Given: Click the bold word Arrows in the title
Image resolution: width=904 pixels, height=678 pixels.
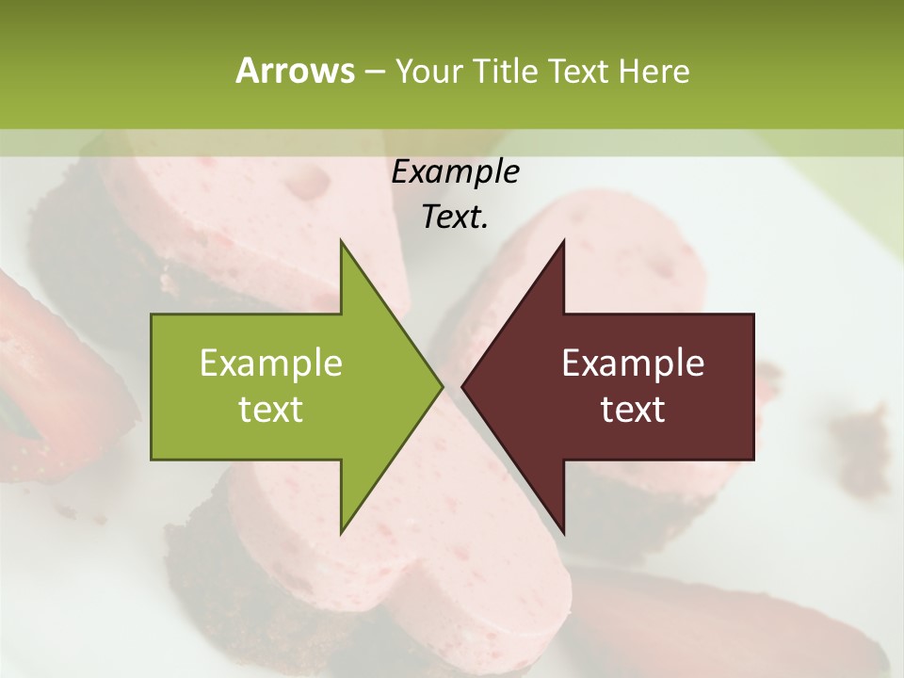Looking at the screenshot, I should tap(294, 71).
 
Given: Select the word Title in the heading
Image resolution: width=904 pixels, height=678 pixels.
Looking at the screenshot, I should tap(508, 71).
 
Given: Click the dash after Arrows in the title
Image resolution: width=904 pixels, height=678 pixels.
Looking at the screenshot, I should tap(373, 72).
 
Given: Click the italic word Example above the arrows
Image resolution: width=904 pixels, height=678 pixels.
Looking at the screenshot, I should tap(455, 171).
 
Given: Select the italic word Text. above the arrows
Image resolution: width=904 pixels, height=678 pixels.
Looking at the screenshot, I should tap(455, 218).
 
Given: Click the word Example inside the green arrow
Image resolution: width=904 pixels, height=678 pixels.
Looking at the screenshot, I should tap(271, 363).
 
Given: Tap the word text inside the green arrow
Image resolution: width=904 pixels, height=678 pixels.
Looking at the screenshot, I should tap(271, 410).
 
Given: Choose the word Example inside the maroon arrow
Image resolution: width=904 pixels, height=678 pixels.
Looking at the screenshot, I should tap(633, 363).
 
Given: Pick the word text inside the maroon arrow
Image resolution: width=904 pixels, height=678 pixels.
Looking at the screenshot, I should tap(633, 410).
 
